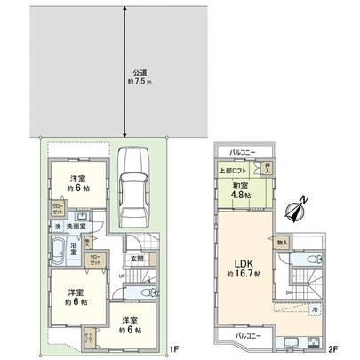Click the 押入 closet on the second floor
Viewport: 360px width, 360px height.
click(263, 167)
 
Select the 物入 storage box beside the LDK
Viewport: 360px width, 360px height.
click(282, 240)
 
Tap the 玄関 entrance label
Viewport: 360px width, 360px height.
click(138, 258)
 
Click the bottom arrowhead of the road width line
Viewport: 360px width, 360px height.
click(124, 137)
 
